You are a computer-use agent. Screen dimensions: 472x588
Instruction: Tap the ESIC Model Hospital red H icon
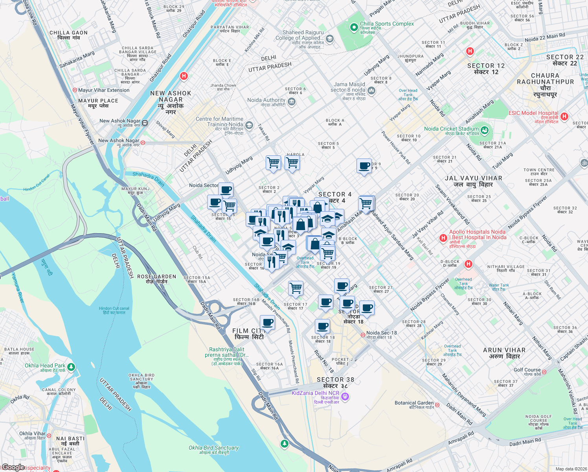point(564,116)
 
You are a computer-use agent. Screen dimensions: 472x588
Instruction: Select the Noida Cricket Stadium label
point(451,129)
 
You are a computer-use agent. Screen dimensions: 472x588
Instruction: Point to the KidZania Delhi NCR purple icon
point(345,397)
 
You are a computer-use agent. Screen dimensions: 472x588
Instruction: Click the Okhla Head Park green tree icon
point(71,367)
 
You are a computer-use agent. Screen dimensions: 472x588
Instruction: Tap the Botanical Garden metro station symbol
point(437,404)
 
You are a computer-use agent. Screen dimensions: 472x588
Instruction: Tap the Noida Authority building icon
point(292,102)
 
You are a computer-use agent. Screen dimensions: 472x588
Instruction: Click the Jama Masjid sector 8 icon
point(371,91)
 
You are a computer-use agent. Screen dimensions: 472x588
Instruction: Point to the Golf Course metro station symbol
point(544,371)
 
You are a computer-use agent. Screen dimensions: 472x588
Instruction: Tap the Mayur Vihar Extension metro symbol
point(75,90)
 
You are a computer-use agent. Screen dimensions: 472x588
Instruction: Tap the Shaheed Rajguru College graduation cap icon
point(329,38)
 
